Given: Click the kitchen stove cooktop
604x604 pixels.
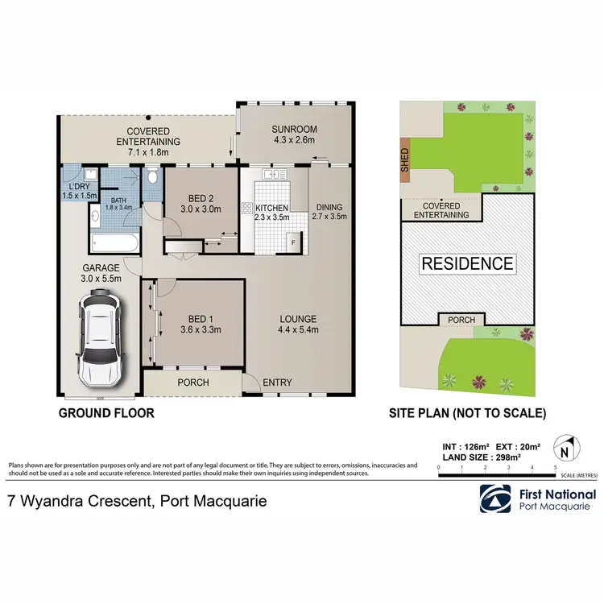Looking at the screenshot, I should click(246, 208).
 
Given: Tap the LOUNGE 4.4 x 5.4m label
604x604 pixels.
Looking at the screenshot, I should click(298, 324).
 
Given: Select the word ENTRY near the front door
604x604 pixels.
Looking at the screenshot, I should click(278, 383).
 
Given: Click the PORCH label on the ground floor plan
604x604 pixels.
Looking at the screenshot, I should click(192, 383).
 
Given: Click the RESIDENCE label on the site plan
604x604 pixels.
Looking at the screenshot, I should click(468, 263).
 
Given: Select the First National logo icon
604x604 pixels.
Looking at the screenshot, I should click(494, 499).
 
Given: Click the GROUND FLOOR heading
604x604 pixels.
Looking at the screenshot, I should click(105, 414).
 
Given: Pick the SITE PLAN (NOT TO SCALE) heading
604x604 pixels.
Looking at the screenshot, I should click(468, 414).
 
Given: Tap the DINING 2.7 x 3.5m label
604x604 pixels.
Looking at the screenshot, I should click(329, 211).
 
